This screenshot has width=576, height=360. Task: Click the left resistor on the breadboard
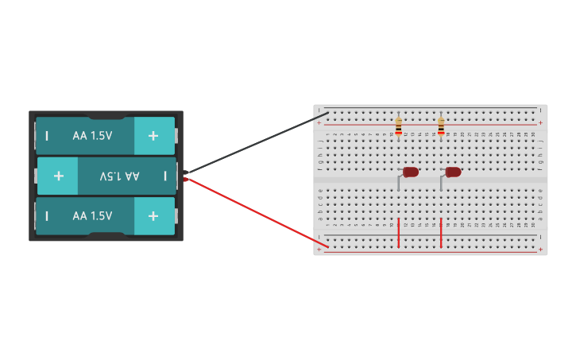click(x=398, y=126)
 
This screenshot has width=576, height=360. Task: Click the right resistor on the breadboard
click(x=441, y=126)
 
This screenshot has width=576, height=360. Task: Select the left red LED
click(x=411, y=172)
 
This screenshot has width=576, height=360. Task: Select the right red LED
click(x=454, y=172)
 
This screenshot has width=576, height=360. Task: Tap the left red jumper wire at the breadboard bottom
click(x=398, y=232)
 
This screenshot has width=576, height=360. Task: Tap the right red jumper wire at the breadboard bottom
click(x=441, y=232)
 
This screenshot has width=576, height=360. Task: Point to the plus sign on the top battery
click(x=153, y=136)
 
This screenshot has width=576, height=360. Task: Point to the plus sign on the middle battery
click(x=58, y=176)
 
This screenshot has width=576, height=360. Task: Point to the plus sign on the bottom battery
click(x=153, y=216)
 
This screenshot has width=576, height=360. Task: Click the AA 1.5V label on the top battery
click(x=92, y=136)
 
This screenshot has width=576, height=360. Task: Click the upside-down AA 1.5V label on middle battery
click(x=119, y=176)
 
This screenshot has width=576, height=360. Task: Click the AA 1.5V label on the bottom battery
click(x=92, y=216)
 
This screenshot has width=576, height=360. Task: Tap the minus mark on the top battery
click(x=47, y=136)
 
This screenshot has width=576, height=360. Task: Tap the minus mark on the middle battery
click(x=165, y=176)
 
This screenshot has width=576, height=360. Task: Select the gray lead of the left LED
click(x=399, y=183)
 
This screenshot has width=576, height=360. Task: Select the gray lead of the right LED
click(x=442, y=183)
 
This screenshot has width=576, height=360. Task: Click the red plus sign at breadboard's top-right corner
click(x=540, y=123)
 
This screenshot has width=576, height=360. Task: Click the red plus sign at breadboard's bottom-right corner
click(x=540, y=249)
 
